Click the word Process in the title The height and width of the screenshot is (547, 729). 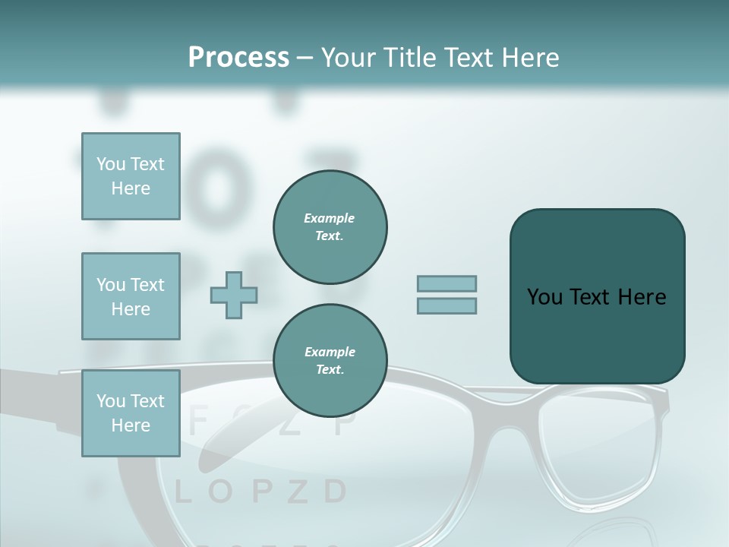[x=238, y=58]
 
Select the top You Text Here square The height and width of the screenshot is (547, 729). [x=131, y=176]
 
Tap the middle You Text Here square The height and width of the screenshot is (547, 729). [x=131, y=296]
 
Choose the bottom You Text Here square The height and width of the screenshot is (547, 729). [x=131, y=413]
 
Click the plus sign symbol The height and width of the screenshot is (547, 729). [x=234, y=295]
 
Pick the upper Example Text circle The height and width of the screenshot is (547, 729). [x=330, y=226]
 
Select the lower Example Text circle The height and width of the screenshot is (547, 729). [x=330, y=360]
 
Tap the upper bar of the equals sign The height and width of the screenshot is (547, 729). [x=447, y=283]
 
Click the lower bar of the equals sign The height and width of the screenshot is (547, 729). [x=447, y=305]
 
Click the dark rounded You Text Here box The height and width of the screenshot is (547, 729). [x=597, y=296]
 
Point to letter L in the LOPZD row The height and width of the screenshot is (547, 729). [x=183, y=492]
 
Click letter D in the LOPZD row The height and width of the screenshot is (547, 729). [x=335, y=492]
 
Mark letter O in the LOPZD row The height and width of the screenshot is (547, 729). [x=220, y=492]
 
